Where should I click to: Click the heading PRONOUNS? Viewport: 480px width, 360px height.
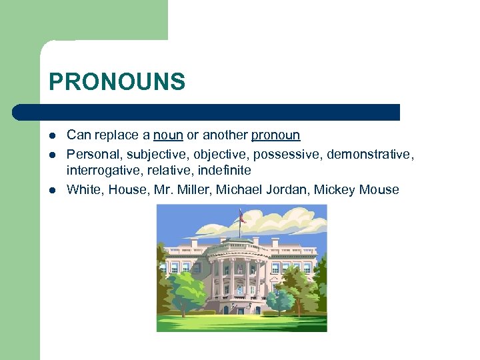click(x=117, y=82)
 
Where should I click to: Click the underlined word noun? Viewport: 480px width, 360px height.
click(x=168, y=135)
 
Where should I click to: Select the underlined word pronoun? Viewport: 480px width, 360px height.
click(x=275, y=135)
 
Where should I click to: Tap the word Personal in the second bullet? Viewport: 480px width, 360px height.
click(x=91, y=155)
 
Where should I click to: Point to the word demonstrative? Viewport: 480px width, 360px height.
click(x=370, y=155)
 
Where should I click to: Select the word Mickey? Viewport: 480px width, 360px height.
click(x=335, y=190)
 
